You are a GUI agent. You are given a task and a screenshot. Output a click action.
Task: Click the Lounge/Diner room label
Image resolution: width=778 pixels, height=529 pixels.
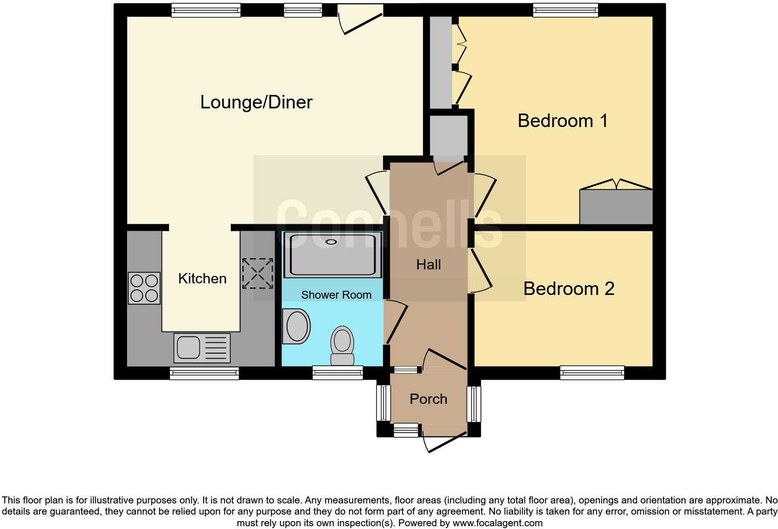coord(256,102)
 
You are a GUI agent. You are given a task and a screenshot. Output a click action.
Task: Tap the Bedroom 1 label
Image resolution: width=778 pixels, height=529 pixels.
coord(562,121)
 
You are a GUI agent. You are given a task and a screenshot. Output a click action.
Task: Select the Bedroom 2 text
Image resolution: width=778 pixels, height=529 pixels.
coord(569,289)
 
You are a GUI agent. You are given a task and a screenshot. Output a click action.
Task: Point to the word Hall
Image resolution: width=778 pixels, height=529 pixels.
coord(428,265)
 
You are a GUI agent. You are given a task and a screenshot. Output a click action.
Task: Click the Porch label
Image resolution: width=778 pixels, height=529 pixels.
coord(428,399)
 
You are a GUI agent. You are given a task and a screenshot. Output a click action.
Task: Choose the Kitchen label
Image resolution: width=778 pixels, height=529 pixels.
coord(202,279)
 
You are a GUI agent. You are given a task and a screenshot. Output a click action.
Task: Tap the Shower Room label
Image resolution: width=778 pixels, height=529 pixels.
coord(336,295)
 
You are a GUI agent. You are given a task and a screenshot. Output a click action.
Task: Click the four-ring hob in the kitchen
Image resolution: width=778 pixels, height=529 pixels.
coord(144,288)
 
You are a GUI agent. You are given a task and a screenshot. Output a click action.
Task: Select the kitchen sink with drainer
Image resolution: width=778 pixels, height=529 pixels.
coord(202,348)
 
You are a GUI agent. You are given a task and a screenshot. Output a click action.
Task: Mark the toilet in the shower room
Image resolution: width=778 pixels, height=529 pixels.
coord(342,345)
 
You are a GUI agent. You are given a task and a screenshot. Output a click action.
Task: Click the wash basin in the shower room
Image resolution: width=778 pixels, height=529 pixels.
coord(297,326)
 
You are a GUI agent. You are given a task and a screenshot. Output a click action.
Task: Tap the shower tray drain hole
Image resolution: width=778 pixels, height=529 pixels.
coord(331,241)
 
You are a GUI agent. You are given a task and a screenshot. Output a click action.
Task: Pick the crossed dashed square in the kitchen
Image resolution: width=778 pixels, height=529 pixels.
coord(257,273)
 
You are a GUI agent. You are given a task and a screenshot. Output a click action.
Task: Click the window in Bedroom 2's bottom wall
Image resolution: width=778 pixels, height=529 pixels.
coord(592,372)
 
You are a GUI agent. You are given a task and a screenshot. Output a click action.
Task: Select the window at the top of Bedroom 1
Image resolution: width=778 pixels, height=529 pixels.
coord(565,10)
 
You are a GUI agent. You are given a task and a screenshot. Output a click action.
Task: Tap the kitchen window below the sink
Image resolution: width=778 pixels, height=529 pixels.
coord(204,373)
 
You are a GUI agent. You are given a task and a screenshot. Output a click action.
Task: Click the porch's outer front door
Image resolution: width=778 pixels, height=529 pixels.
coord(444,441)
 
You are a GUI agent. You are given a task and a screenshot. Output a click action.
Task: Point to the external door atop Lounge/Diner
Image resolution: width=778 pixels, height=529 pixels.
coord(361,19)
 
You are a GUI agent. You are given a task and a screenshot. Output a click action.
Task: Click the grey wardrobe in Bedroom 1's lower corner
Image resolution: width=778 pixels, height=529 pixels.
coord(616,207)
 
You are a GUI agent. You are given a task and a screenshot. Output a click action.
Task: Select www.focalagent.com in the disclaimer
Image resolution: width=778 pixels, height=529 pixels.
coord(497,523)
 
